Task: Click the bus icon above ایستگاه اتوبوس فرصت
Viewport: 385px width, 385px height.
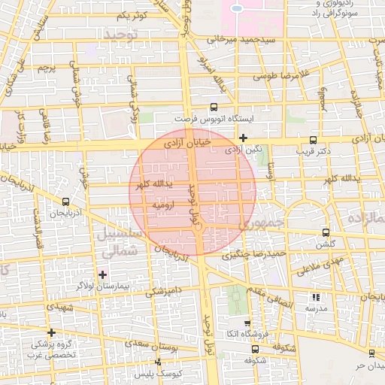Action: (213, 108)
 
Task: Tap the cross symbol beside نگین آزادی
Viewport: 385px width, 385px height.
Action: (243, 138)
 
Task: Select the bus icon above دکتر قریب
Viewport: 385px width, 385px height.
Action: (314, 139)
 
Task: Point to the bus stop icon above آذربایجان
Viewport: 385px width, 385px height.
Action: (65, 202)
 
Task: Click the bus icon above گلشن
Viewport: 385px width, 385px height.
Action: (326, 232)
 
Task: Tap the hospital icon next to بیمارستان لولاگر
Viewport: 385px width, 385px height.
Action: (103, 274)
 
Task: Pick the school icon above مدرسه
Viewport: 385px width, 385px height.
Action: (315, 297)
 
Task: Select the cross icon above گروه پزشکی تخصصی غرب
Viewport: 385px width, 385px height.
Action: (51, 332)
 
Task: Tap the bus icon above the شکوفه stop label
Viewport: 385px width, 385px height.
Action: (255, 349)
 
